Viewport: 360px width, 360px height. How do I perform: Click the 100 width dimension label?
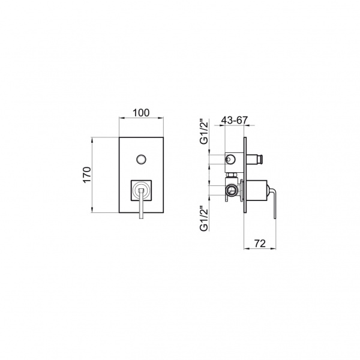141,113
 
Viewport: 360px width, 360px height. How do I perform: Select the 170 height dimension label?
87,175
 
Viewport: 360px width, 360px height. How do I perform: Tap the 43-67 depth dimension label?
235,120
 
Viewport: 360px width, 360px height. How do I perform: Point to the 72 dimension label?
260,244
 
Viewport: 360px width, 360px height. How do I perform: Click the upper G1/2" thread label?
204,131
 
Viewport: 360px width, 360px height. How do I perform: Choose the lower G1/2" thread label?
204,218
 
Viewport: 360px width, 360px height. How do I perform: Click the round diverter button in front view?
141,160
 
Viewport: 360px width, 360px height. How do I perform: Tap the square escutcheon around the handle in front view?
141,191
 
